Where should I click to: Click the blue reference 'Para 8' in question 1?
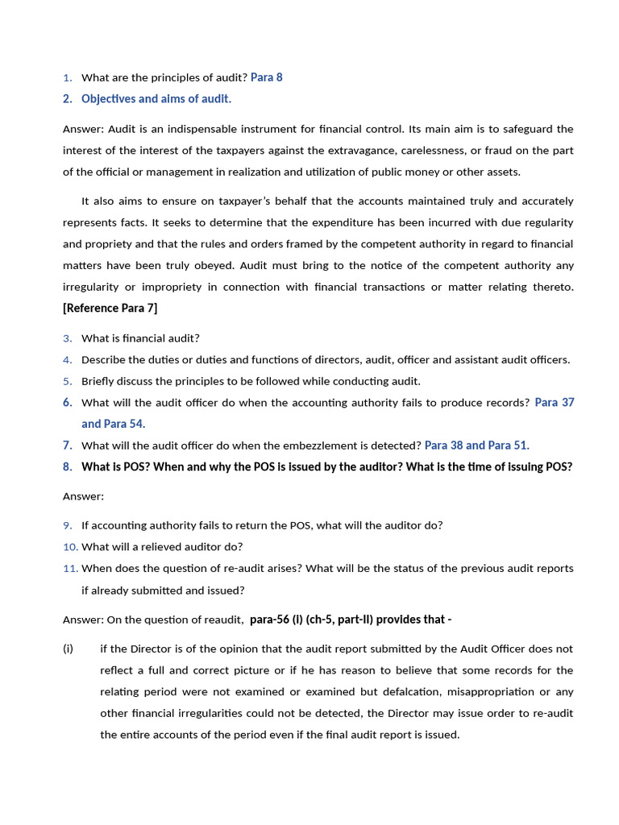(266, 77)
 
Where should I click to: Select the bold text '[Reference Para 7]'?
(110, 308)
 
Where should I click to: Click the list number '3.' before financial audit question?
(68, 338)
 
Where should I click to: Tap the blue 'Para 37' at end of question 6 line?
(555, 402)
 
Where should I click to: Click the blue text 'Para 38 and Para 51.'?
(477, 445)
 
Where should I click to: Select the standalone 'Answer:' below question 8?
(84, 496)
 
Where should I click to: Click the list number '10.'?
(70, 547)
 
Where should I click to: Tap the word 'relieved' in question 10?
(158, 547)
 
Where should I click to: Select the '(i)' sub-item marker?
(69, 649)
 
